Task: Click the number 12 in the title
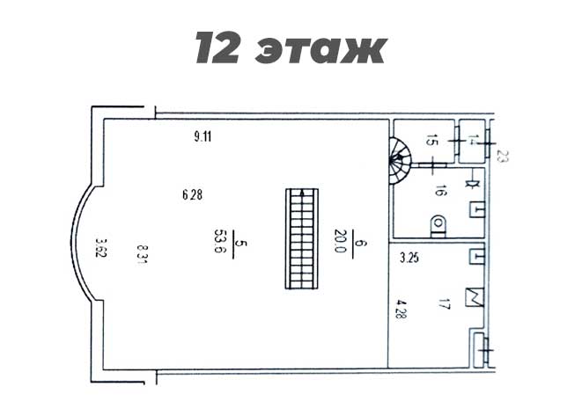[217, 47]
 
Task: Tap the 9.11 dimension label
[203, 137]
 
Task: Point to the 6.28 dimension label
[192, 194]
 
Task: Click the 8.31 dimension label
[143, 254]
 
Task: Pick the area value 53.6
[219, 241]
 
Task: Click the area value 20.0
[340, 241]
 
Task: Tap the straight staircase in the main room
[302, 238]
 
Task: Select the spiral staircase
[400, 160]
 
